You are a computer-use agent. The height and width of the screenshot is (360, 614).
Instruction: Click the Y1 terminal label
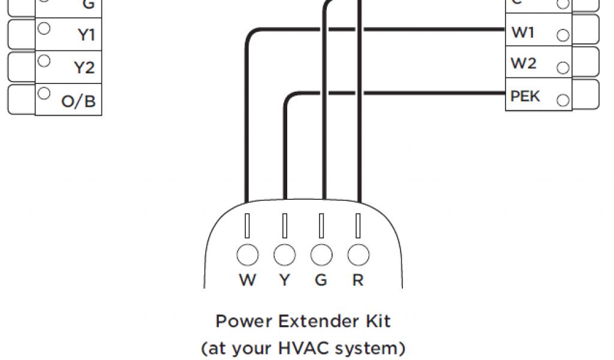pos(86,35)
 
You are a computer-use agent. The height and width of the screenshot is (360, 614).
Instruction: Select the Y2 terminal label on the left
pos(85,68)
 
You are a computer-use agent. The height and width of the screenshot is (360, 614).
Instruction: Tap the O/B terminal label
pos(79,101)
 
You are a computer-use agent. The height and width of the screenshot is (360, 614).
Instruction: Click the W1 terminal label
pos(523,33)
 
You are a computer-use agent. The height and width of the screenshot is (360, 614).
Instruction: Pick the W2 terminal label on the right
pos(523,63)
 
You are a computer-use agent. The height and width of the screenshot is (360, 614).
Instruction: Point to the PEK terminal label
pos(525,96)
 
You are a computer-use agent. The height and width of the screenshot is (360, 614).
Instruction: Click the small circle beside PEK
pos(563,100)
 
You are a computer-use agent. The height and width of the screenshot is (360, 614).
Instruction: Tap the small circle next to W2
pos(563,67)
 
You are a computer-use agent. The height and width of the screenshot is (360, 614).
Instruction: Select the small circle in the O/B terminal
pos(43,94)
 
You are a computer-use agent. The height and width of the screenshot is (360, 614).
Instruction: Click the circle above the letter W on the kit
pos(247,255)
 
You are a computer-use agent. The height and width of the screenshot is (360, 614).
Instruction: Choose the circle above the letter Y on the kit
pos(284,255)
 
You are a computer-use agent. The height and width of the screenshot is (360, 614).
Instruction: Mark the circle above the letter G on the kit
pos(321,255)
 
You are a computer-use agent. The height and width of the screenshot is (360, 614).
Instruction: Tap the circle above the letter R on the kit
pos(358,255)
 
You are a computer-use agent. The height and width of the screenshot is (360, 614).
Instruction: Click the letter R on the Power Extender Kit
pos(358,280)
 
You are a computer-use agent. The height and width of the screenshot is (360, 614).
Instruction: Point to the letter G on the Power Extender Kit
pos(321,280)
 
